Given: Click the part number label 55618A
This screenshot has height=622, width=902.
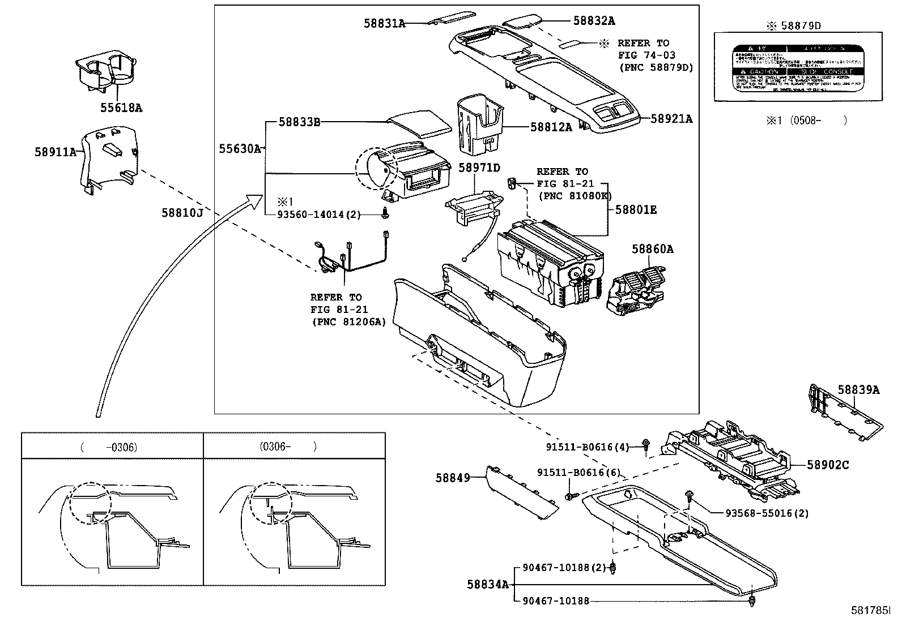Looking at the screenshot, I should (x=121, y=108).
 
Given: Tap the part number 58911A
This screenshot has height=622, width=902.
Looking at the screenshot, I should (x=55, y=152).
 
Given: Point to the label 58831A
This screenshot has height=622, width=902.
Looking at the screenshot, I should (x=385, y=23).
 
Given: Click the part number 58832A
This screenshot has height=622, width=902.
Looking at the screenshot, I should (x=594, y=21).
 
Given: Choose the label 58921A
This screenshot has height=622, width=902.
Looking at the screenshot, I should (x=671, y=119).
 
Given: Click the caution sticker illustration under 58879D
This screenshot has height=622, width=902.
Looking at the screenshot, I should (x=797, y=67).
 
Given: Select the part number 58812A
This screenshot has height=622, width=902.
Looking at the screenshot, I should (x=551, y=127).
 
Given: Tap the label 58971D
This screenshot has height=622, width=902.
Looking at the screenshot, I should (x=479, y=168).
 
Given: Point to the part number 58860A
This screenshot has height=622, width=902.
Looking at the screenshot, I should (x=653, y=249).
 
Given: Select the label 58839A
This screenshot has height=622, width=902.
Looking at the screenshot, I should (x=858, y=389).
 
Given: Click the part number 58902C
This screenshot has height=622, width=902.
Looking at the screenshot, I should (x=828, y=465).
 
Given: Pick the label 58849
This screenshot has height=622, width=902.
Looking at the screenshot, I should (x=453, y=478).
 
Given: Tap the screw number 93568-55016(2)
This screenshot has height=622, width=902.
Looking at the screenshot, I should (x=767, y=513).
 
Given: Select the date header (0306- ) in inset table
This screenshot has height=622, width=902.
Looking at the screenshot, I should (x=288, y=447).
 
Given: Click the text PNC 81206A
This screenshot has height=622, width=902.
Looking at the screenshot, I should (x=348, y=321).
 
